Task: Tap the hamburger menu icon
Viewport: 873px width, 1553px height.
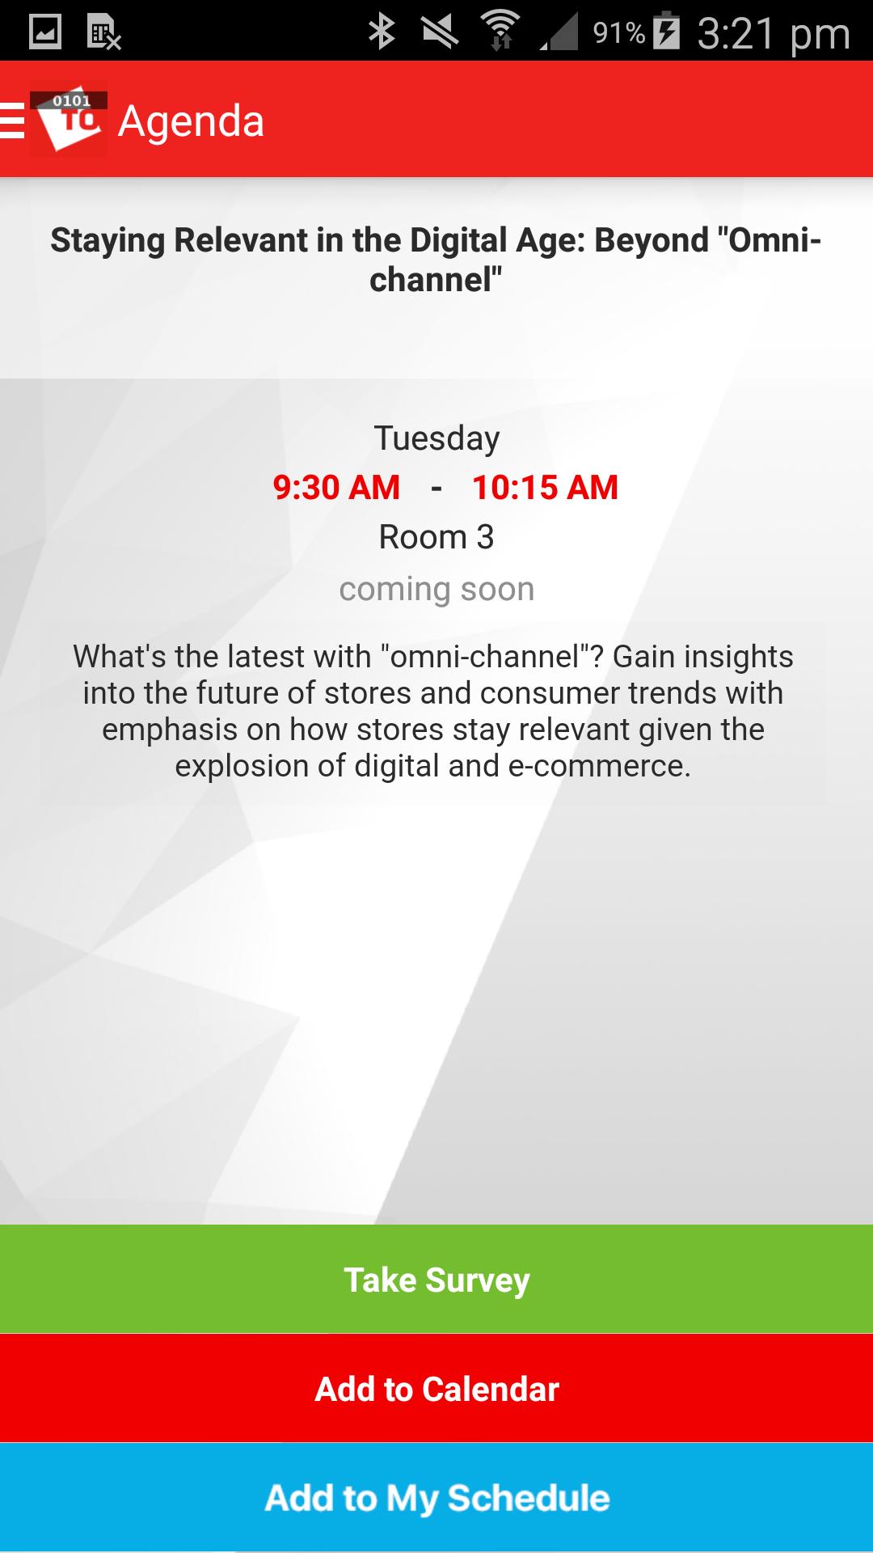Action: (x=12, y=121)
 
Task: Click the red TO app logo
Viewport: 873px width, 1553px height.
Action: (x=69, y=120)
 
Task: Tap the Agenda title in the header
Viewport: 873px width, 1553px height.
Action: (x=191, y=122)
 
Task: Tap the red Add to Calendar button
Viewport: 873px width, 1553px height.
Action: (x=436, y=1388)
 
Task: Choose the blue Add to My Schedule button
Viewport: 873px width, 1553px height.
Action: (x=436, y=1497)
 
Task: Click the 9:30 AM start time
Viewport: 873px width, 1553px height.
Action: (x=336, y=488)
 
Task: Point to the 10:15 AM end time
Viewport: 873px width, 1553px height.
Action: (x=545, y=488)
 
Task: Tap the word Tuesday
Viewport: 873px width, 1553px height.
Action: (x=436, y=439)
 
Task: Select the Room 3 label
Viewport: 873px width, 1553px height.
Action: (x=436, y=537)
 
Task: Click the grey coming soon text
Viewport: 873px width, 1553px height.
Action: (x=436, y=590)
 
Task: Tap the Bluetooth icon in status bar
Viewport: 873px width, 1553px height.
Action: (x=382, y=32)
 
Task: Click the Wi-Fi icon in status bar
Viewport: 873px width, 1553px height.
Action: (x=500, y=31)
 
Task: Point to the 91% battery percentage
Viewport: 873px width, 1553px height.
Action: (x=618, y=33)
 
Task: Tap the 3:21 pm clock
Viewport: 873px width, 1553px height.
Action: (x=774, y=34)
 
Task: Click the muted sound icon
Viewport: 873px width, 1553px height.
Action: (x=440, y=32)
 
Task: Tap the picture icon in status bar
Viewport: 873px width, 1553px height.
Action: (x=45, y=32)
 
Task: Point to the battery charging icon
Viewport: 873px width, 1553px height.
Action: (x=666, y=31)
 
